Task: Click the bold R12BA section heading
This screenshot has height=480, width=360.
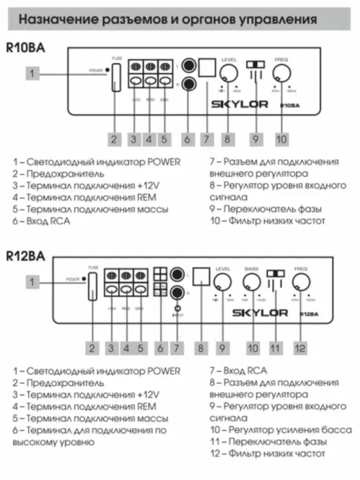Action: click(x=25, y=256)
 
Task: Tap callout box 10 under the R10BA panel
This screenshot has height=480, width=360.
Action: click(x=280, y=139)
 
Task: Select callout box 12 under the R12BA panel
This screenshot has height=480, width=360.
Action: click(x=300, y=347)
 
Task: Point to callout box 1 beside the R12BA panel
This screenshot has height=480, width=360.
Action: click(x=33, y=281)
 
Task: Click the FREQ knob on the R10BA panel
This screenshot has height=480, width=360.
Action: click(x=281, y=74)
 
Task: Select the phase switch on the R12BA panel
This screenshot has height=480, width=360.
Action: click(x=275, y=274)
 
